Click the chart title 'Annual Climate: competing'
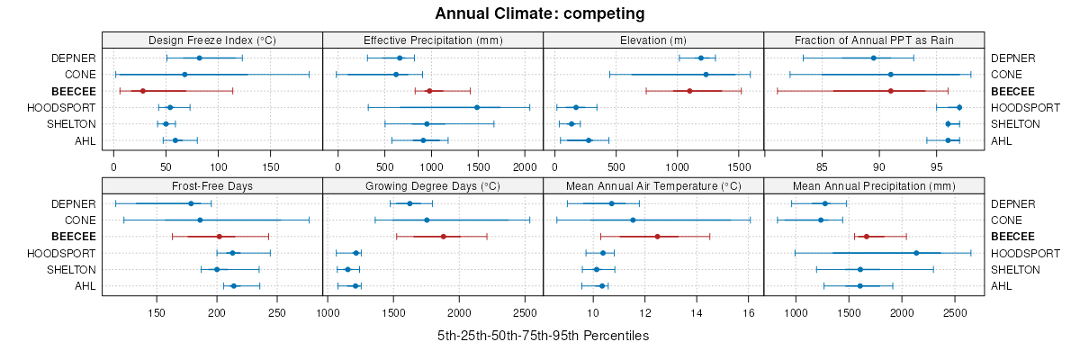point(540,13)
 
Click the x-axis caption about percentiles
point(543,336)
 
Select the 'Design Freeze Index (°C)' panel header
point(211,40)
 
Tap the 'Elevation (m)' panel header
point(653,40)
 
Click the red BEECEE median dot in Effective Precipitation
point(429,91)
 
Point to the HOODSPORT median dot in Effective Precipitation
point(477,107)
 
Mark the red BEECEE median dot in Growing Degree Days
point(444,237)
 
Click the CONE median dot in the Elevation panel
point(706,75)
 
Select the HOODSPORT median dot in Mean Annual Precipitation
point(916,253)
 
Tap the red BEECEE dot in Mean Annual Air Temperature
point(658,237)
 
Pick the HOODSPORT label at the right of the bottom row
point(1019,253)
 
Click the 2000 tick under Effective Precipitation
point(523,166)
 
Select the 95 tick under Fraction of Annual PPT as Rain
point(937,166)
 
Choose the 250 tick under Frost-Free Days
point(277,312)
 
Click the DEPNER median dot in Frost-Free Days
point(191,203)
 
